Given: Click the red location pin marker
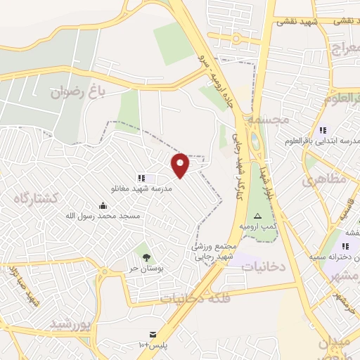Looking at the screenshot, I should [181, 165].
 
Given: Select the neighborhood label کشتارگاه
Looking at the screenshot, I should [35, 199].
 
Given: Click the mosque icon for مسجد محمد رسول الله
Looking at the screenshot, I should [103, 205].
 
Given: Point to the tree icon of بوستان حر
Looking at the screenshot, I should [146, 257].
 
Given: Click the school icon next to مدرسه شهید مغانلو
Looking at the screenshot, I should [141, 179].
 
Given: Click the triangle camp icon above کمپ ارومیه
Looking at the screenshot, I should [257, 216].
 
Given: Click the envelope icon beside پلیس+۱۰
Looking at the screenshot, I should [152, 333].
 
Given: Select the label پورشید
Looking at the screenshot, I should [72, 324].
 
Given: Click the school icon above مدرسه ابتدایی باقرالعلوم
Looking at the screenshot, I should [323, 130].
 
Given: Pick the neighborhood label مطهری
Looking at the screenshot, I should [325, 181].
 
